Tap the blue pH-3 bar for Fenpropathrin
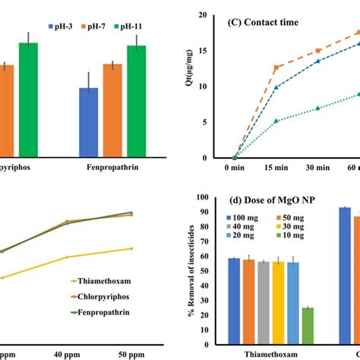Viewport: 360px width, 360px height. tap(89, 122)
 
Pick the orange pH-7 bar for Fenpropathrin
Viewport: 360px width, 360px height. tap(112, 110)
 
